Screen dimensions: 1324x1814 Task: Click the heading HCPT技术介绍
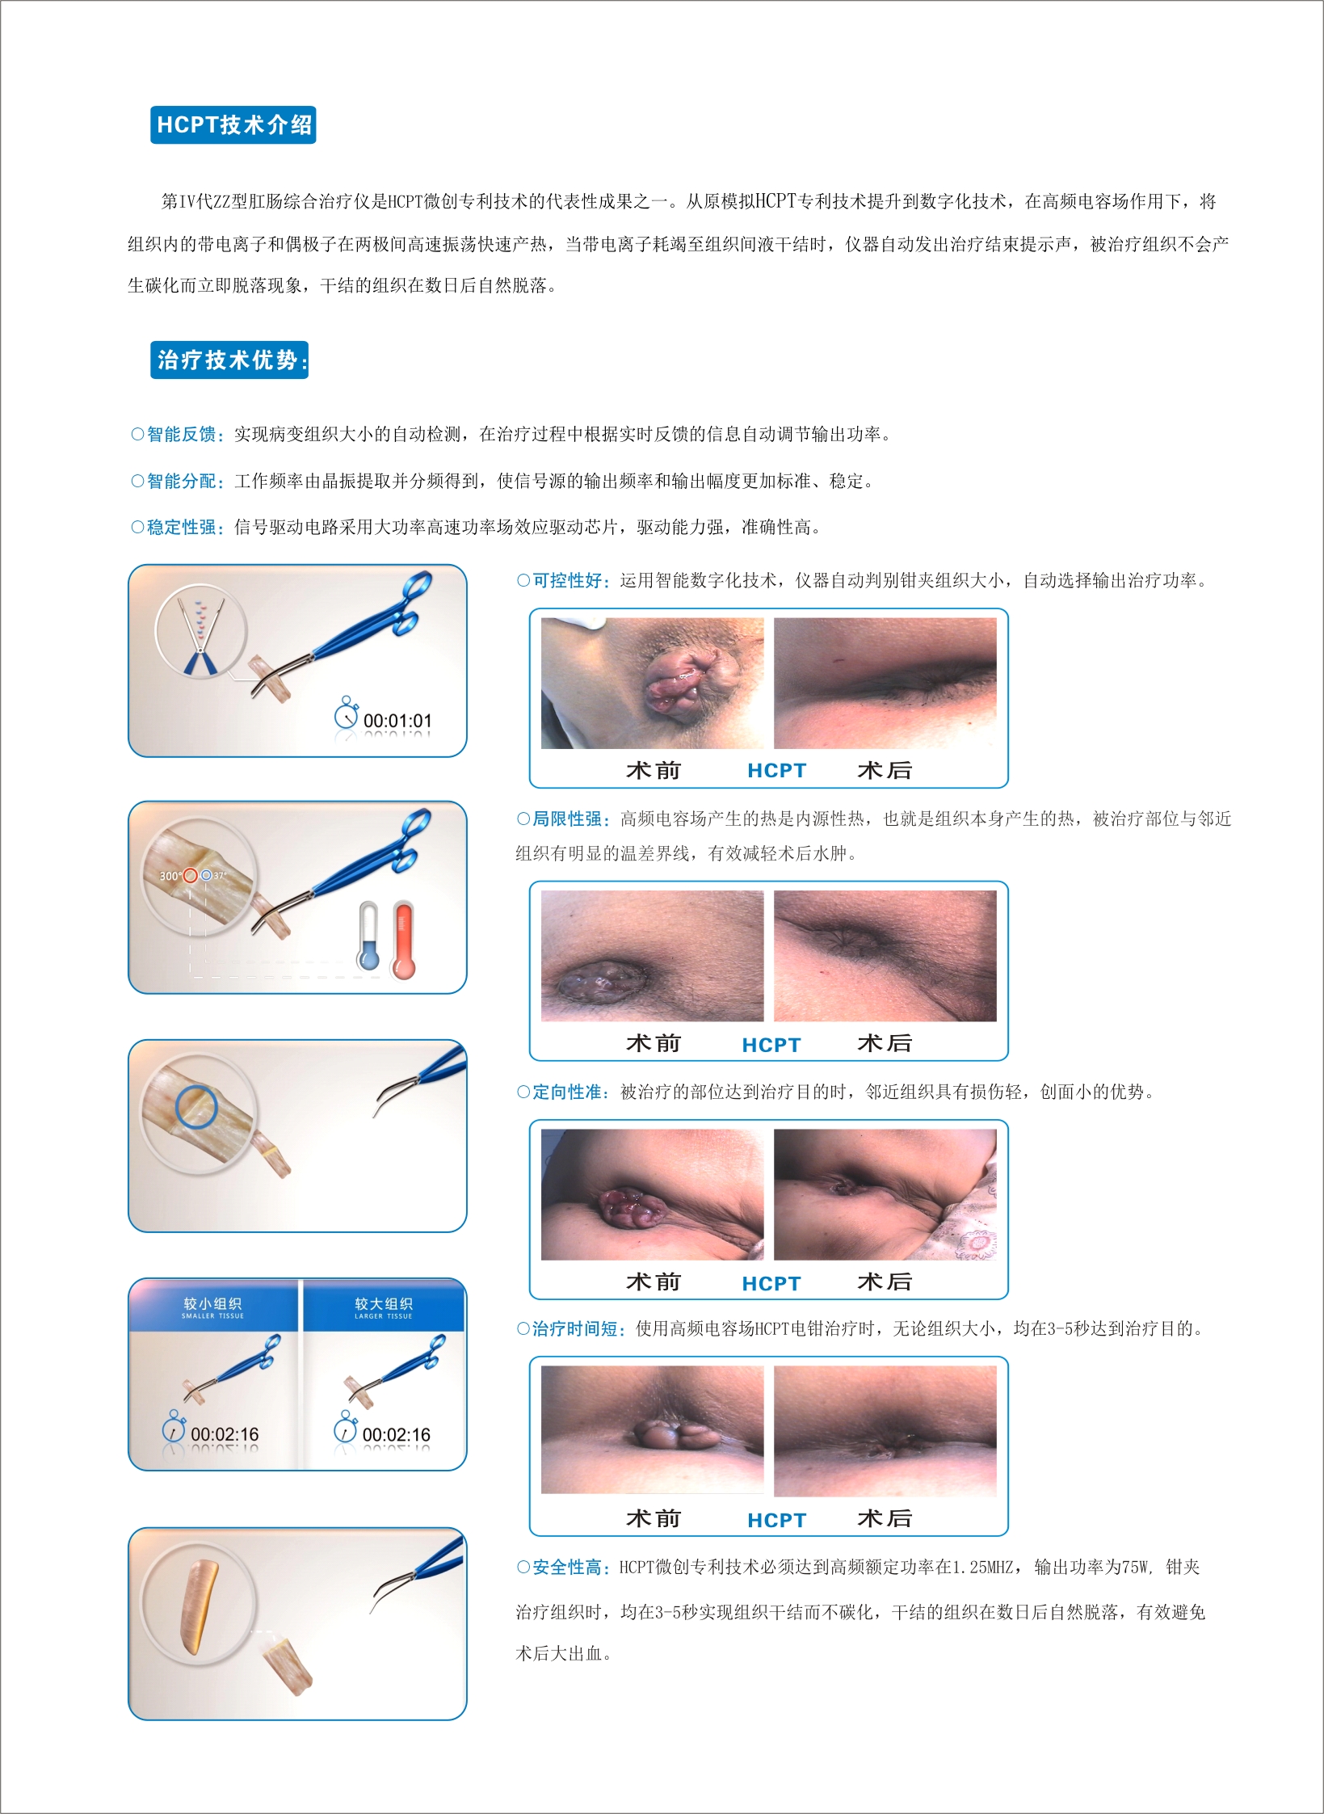(x=233, y=125)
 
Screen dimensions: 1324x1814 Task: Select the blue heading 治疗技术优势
(x=229, y=360)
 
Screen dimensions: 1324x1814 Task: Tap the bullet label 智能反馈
(x=181, y=435)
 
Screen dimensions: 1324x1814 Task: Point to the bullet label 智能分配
(x=181, y=482)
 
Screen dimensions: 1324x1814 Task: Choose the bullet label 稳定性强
(x=181, y=528)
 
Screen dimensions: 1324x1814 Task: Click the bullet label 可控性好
(x=567, y=581)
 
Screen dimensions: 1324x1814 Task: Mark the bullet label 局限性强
(x=567, y=819)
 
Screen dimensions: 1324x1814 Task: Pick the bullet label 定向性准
(x=567, y=1092)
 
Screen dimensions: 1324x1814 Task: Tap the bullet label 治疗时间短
(x=575, y=1329)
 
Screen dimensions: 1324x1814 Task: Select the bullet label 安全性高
(x=567, y=1568)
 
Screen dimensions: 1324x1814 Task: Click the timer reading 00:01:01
(x=397, y=721)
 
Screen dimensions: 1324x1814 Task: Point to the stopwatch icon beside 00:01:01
(x=347, y=713)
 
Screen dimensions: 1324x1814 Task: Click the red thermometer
(x=403, y=941)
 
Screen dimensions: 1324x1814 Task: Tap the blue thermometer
(x=368, y=936)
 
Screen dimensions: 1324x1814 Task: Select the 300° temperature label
(x=170, y=876)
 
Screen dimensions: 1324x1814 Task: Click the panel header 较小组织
(x=212, y=1303)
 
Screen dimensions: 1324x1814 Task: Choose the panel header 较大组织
(x=384, y=1303)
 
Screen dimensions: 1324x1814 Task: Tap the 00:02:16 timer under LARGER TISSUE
(x=396, y=1435)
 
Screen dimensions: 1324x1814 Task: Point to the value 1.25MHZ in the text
(x=982, y=1568)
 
